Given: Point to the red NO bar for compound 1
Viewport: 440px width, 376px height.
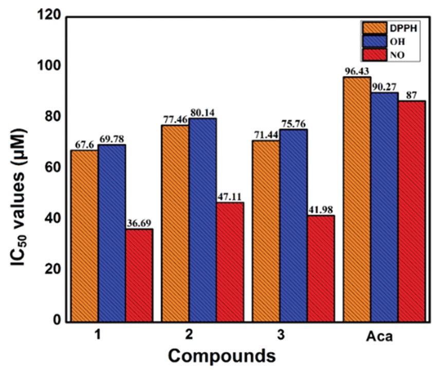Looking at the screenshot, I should click(x=139, y=275).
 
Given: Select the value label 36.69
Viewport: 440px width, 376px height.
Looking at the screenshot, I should click(x=139, y=223).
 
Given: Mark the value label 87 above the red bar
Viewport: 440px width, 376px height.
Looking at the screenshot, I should click(x=412, y=95).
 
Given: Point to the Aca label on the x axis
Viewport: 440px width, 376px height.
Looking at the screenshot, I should click(x=379, y=337).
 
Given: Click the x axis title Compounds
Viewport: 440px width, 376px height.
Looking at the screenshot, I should click(x=221, y=355).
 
